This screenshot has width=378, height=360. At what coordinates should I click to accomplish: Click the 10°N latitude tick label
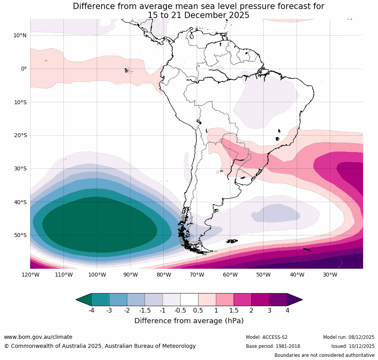(20, 36)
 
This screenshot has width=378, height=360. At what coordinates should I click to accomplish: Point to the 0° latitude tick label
(24, 69)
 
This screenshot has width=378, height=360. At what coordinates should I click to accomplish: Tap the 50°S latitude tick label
(20, 235)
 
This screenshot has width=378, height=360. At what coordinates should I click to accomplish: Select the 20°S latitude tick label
(20, 136)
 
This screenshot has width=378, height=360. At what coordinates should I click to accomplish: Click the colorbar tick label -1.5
(145, 311)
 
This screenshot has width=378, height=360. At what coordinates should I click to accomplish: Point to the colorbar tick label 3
(269, 311)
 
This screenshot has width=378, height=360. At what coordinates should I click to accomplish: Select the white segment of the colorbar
(189, 300)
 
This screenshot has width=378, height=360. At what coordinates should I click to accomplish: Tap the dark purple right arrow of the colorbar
(295, 300)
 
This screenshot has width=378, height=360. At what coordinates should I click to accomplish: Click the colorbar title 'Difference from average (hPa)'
(189, 321)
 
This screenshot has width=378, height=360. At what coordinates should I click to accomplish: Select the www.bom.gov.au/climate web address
(38, 337)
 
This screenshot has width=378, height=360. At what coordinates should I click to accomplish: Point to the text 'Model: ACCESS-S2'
(267, 337)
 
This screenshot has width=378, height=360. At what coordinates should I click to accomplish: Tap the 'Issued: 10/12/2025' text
(353, 346)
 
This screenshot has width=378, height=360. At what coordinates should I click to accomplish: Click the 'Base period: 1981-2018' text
(273, 346)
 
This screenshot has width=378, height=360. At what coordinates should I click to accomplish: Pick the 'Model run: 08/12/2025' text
(349, 337)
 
